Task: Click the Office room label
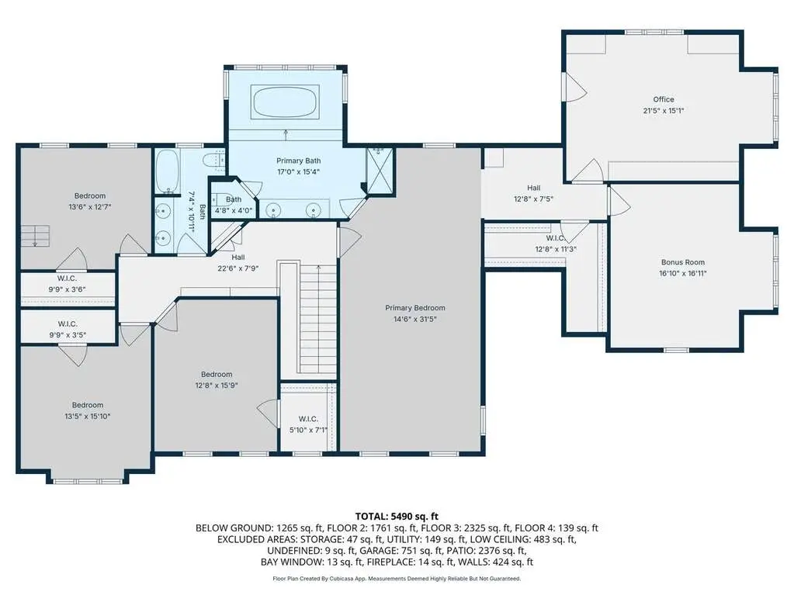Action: (x=664, y=99)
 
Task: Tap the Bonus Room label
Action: (x=682, y=262)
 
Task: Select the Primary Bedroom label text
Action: (x=414, y=308)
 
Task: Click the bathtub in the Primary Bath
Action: (x=286, y=102)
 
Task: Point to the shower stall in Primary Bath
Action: (x=380, y=170)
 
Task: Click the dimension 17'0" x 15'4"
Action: (x=298, y=172)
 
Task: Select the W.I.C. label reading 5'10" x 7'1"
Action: (x=308, y=424)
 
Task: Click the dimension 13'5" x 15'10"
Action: (x=88, y=417)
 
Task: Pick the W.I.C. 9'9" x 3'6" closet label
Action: (x=68, y=284)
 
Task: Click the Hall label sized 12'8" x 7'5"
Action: (x=533, y=193)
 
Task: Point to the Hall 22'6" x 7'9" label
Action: (x=238, y=263)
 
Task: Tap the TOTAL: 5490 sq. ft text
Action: (x=397, y=517)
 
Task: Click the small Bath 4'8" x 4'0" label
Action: (x=234, y=205)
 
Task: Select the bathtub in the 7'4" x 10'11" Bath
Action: (x=167, y=171)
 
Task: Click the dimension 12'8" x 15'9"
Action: (x=217, y=386)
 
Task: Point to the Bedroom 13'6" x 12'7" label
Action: (x=89, y=202)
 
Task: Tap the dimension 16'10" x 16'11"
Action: (x=682, y=274)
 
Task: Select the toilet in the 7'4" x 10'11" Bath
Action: (x=213, y=160)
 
